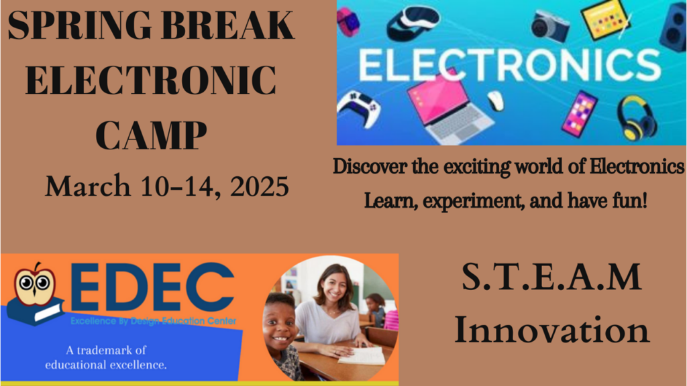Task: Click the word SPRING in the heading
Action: (81, 26)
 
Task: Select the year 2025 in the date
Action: (260, 186)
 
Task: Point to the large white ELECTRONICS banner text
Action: (509, 65)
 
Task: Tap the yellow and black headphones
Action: (636, 117)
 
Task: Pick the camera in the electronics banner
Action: (550, 25)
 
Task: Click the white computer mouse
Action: (496, 101)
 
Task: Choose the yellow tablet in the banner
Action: (605, 19)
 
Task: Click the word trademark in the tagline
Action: (105, 350)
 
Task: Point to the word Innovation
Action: (552, 329)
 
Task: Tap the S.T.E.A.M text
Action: (551, 277)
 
